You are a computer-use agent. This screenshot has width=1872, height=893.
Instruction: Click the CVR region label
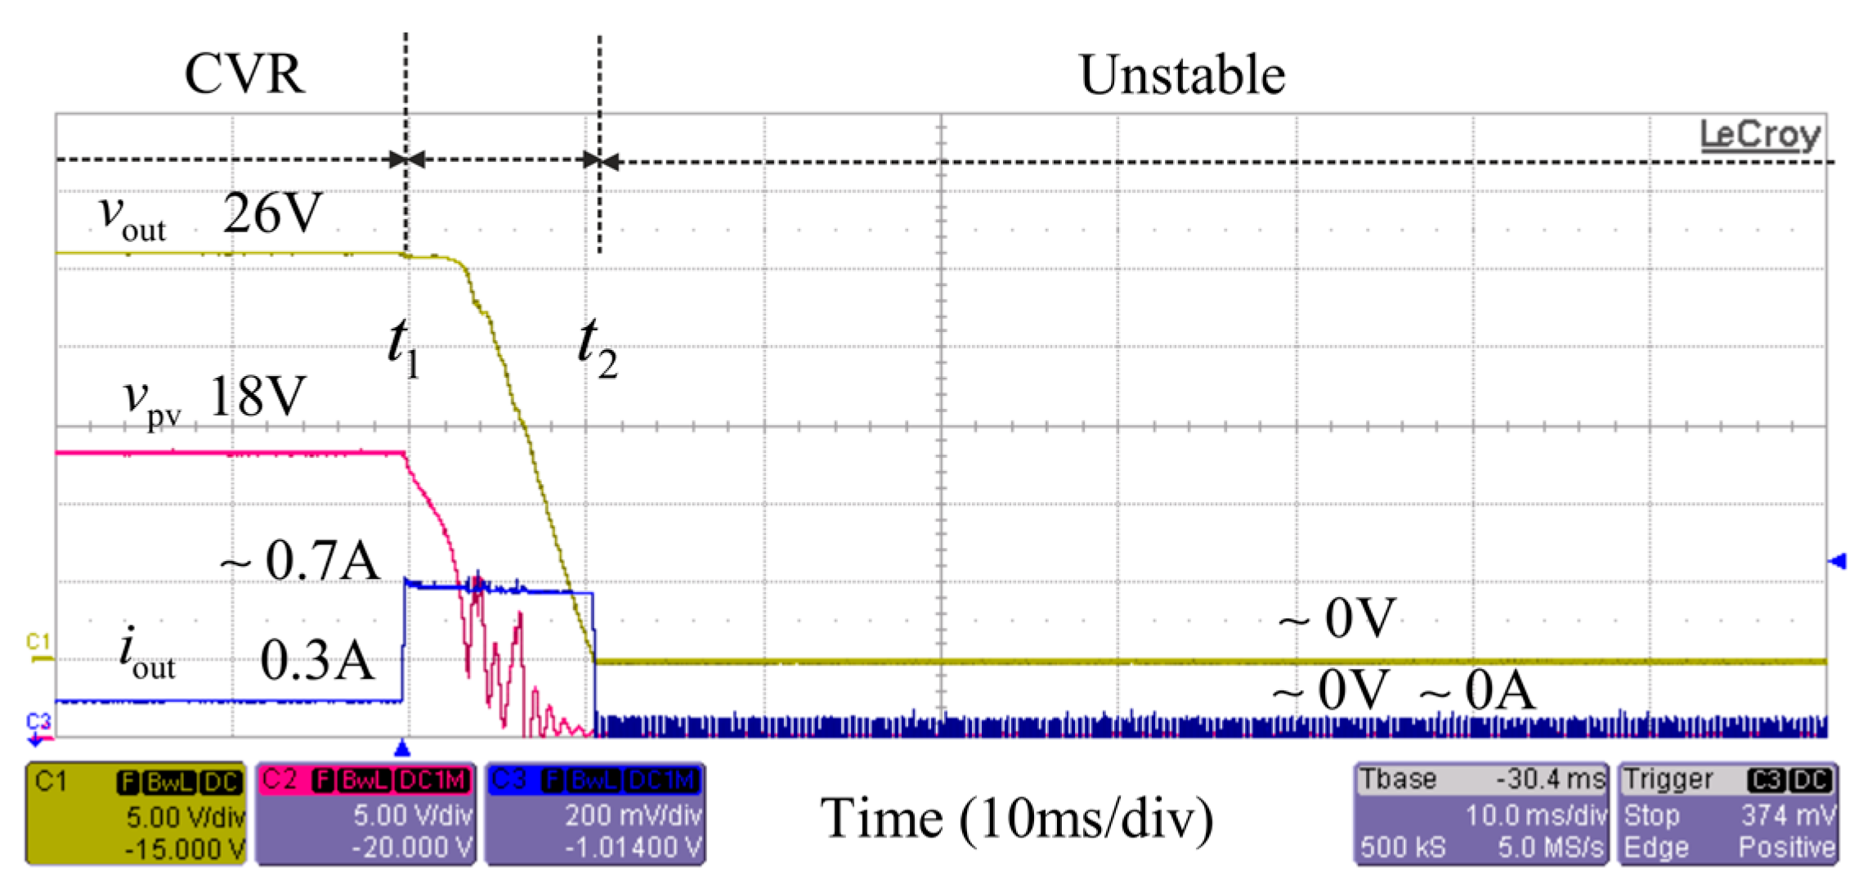coord(244,74)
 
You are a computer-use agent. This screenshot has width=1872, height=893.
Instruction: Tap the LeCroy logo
coord(1759,134)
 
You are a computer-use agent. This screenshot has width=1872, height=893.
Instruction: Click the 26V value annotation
coord(273,213)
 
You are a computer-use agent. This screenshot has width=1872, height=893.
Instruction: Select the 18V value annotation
coord(258,396)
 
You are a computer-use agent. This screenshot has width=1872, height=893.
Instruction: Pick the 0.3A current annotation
coord(317,661)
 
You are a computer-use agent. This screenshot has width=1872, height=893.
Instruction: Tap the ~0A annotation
coord(1477,690)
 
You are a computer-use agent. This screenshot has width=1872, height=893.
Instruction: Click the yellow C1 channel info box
coord(136,814)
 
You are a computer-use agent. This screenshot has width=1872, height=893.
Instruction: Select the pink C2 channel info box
coord(365,814)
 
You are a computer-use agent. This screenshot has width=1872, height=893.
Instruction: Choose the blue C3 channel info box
coord(595,814)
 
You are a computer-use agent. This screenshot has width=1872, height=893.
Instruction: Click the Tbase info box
coord(1480,814)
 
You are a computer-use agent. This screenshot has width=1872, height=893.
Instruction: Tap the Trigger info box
coord(1728,814)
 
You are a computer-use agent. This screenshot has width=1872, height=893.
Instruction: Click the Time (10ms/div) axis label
coord(1016,818)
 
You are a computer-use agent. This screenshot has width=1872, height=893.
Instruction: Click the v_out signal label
coord(132,218)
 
